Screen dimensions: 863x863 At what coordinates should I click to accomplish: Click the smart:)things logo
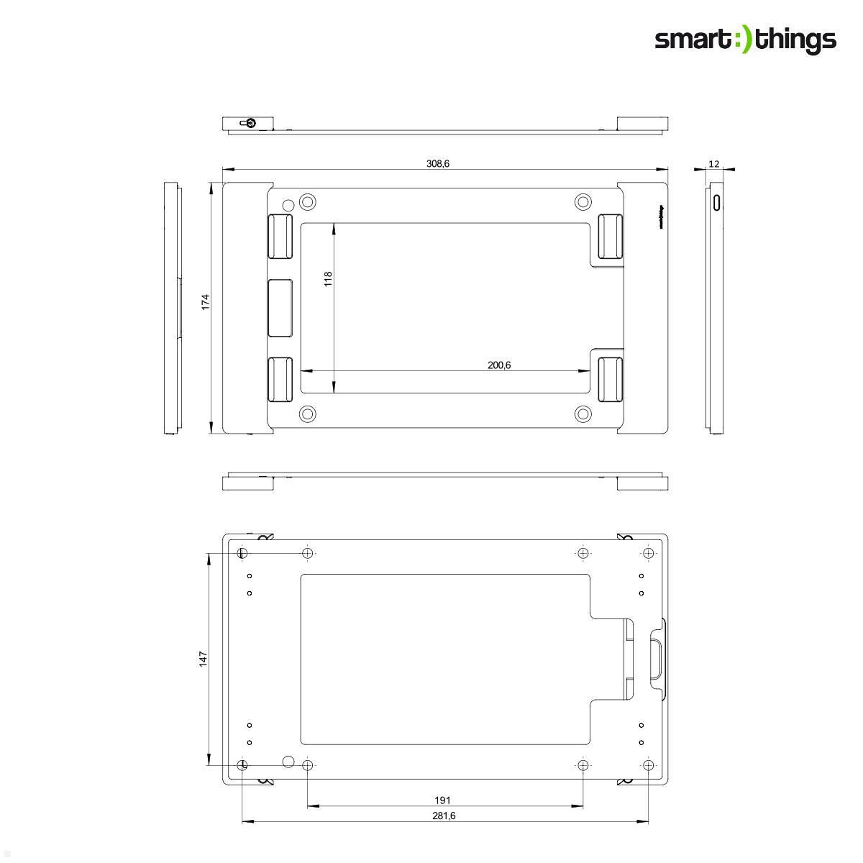point(745,40)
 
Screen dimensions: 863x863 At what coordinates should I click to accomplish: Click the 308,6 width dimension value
point(437,164)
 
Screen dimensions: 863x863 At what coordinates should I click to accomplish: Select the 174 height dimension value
point(205,301)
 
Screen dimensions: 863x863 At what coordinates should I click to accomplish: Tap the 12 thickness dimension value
point(713,164)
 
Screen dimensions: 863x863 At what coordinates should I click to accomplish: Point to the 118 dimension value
point(328,278)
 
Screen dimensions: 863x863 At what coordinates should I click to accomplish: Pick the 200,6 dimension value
point(499,365)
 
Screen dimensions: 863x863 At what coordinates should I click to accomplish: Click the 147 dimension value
point(204,659)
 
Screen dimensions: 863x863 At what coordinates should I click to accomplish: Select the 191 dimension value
point(443,800)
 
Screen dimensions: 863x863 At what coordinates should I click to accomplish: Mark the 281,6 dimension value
point(444,816)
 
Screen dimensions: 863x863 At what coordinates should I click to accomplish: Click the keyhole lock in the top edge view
point(249,122)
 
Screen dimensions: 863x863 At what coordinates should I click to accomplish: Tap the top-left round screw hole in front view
point(308,201)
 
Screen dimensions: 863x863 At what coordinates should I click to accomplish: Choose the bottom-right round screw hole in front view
point(583,414)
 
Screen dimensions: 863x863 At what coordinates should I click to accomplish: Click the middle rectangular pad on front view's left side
point(280,308)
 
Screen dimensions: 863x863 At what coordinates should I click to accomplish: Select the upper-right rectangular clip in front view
point(611,236)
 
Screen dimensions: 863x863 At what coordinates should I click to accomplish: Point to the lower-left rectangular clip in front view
point(280,379)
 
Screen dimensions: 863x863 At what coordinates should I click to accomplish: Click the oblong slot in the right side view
point(716,202)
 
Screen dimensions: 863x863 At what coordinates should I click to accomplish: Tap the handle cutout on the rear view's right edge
point(656,657)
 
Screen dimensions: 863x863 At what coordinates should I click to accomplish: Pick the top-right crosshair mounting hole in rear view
point(649,553)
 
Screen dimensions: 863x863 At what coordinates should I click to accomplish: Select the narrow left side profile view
point(172,309)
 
